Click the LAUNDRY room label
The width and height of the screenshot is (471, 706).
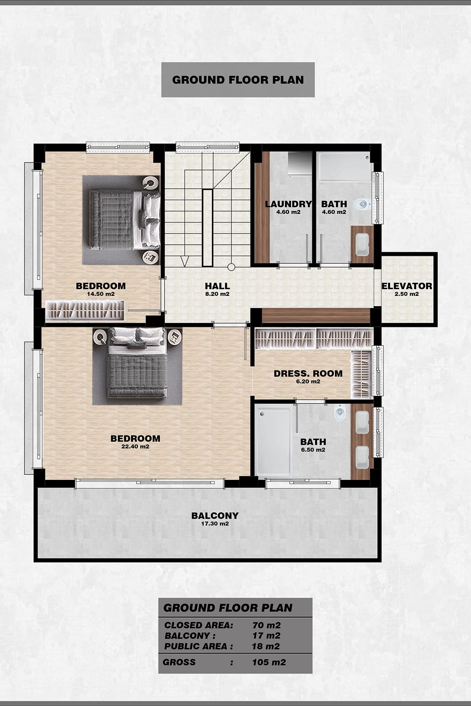288,204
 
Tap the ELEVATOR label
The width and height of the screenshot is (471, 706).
407,286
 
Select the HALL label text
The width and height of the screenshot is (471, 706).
217,286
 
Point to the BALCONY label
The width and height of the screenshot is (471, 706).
215,515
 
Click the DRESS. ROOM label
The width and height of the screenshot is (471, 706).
308,373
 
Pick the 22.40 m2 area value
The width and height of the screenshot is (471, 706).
135,446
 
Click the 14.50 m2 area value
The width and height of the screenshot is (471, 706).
101,294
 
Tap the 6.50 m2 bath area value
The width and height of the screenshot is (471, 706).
313,450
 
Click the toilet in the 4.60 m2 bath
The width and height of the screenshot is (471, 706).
362,204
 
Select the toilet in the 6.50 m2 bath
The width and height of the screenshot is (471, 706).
340,413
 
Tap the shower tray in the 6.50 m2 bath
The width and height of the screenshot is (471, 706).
273,441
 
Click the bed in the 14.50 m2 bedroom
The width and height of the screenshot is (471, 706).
125,220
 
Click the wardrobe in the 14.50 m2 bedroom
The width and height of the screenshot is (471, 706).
86,310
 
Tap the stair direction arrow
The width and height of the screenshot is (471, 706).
184,261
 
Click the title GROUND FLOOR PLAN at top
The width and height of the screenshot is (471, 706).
238,80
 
